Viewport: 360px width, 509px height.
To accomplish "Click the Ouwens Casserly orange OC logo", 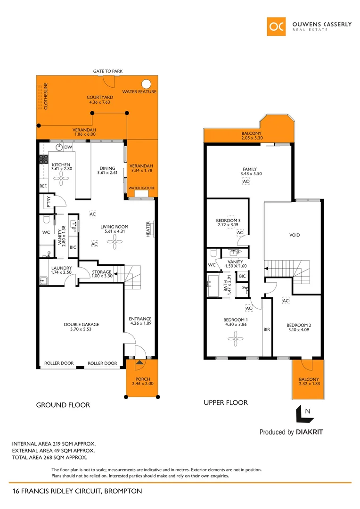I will [276, 26].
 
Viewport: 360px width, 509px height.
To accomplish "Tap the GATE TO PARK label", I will [108, 71].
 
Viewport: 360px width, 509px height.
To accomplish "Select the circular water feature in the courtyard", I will [147, 84].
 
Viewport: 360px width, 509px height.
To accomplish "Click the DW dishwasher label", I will [68, 147].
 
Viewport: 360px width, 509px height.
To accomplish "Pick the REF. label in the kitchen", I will [43, 186].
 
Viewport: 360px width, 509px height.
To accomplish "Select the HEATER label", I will [148, 230].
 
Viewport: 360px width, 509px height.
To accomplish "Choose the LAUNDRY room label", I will [61, 268].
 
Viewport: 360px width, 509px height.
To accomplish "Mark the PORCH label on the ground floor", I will [142, 379].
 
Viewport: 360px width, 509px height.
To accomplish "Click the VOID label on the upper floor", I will [295, 235].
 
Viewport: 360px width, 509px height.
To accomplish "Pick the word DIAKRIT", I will [309, 432].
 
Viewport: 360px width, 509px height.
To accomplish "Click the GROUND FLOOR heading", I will [63, 405].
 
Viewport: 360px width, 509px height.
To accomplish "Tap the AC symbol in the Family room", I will [245, 181].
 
